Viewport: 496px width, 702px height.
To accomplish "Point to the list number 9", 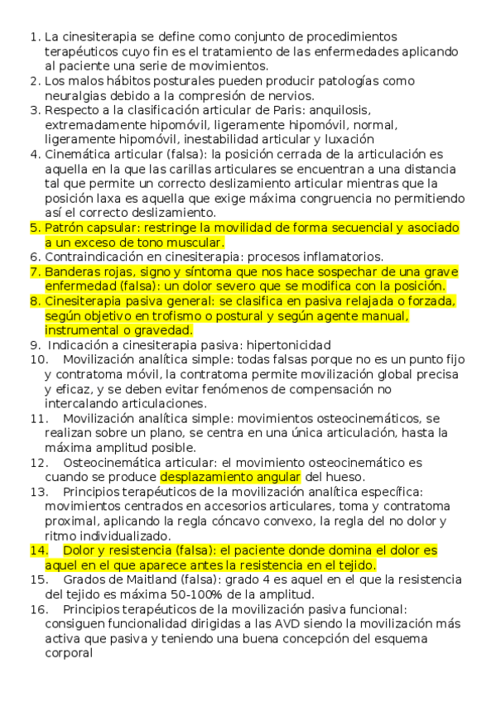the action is [x=34, y=345].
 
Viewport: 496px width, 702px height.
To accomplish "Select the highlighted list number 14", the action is [x=38, y=551].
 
